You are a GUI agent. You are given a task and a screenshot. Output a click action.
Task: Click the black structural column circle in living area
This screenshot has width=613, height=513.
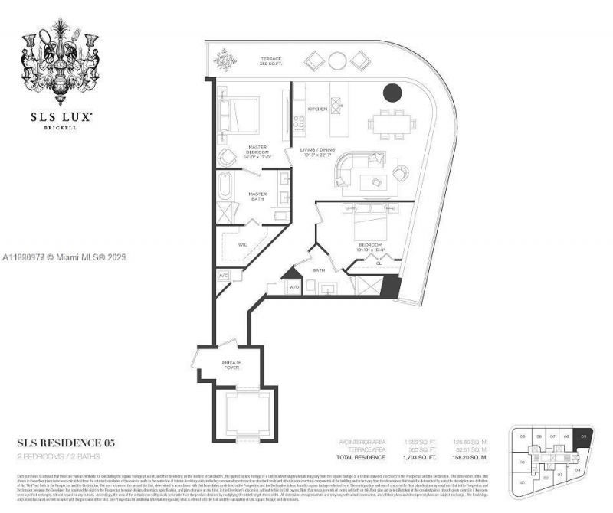click(392, 93)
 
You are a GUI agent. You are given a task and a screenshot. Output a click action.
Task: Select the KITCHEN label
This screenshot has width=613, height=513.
click(317, 109)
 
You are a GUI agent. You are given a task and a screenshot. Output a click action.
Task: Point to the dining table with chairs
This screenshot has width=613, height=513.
click(392, 122)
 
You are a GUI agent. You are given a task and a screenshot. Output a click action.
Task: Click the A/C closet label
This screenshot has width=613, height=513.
click(224, 275)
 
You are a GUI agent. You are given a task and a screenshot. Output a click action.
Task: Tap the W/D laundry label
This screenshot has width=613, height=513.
click(293, 286)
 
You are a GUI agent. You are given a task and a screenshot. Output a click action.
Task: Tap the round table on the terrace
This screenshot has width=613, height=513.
click(337, 60)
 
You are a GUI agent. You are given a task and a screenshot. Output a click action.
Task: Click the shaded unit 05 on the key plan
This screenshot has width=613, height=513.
click(585, 440)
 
